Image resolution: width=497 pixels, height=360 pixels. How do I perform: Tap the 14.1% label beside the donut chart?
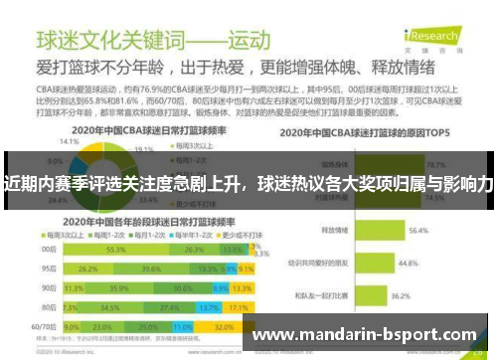click(x=70, y=142)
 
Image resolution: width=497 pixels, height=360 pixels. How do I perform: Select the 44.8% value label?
click(x=408, y=264)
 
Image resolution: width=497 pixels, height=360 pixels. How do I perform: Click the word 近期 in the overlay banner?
click(x=21, y=183)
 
